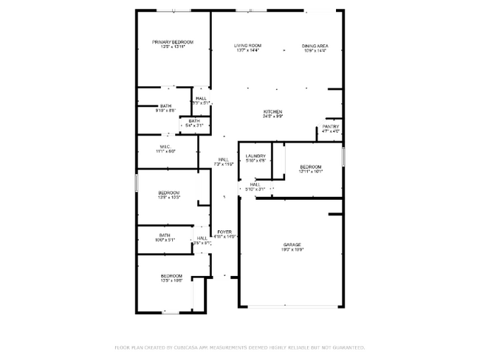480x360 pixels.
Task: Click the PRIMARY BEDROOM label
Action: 173,42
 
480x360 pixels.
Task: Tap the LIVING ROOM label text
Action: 247,46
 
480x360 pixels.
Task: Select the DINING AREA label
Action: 315,46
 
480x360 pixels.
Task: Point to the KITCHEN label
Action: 273,111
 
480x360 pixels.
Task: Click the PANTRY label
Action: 330,127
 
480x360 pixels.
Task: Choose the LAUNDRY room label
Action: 256,156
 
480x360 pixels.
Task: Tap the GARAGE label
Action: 292,244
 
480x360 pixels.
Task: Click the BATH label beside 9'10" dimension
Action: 165,105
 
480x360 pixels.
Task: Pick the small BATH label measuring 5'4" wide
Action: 193,121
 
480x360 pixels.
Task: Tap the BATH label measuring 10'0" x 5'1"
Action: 165,235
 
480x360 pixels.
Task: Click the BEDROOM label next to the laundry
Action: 311,167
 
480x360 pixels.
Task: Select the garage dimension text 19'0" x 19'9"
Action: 292,250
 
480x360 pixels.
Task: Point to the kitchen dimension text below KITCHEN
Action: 273,117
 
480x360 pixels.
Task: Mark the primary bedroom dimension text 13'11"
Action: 173,47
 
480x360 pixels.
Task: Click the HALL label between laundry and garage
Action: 254,184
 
